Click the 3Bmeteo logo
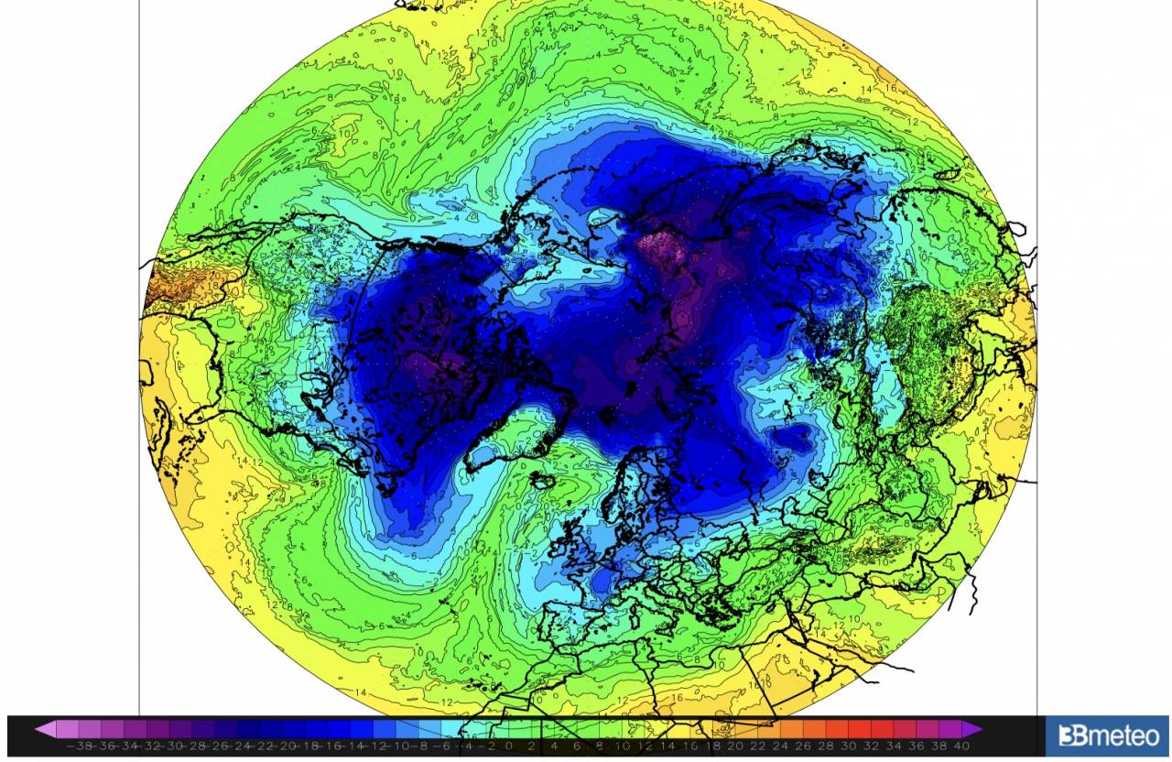1107,735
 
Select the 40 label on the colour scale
960,746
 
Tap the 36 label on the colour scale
916,746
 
